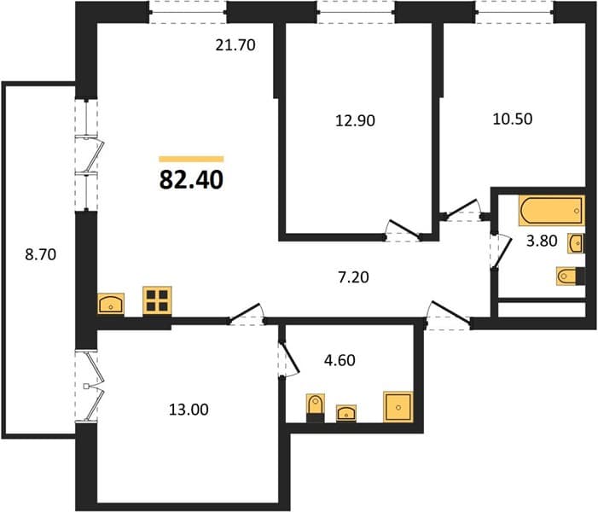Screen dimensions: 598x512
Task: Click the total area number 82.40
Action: pyautogui.click(x=191, y=180)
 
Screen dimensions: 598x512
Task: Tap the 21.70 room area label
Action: pyautogui.click(x=235, y=45)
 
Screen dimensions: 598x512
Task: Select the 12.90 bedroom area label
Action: pyautogui.click(x=355, y=120)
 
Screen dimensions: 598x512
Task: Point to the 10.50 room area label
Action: pyautogui.click(x=513, y=119)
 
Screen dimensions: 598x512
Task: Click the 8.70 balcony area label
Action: pyautogui.click(x=41, y=254)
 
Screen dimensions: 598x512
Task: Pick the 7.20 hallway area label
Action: pyautogui.click(x=353, y=277)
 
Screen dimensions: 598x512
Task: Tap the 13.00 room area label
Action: pyautogui.click(x=189, y=410)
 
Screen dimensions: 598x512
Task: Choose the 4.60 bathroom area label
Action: pyautogui.click(x=340, y=360)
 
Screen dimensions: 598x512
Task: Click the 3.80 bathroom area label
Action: pyautogui.click(x=542, y=241)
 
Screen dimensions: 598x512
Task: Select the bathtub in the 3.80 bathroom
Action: pyautogui.click(x=551, y=210)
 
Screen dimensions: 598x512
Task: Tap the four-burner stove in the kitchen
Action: pyautogui.click(x=157, y=300)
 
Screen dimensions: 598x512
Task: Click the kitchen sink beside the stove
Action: pyautogui.click(x=111, y=304)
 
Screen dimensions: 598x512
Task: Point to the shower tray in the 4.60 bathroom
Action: pyautogui.click(x=398, y=407)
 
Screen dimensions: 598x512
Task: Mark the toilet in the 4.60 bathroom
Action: pyautogui.click(x=316, y=408)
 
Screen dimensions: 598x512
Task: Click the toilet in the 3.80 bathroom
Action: pyautogui.click(x=571, y=276)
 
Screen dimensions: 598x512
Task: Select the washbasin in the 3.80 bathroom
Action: pyautogui.click(x=576, y=243)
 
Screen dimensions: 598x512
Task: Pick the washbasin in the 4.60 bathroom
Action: pyautogui.click(x=346, y=413)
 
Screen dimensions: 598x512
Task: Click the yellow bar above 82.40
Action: pyautogui.click(x=191, y=159)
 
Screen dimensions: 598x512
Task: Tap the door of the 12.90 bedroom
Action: pyautogui.click(x=404, y=230)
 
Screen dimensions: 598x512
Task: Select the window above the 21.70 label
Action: pyautogui.click(x=188, y=12)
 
